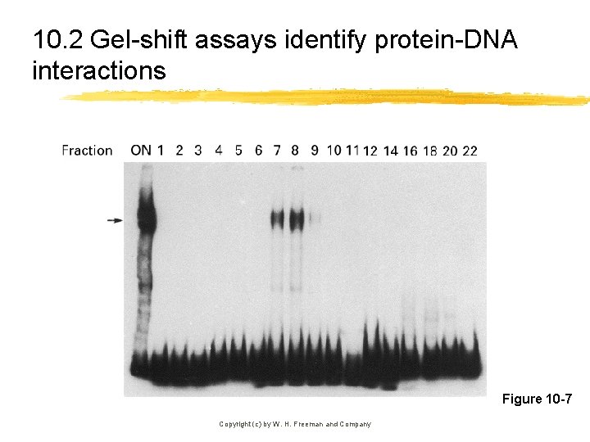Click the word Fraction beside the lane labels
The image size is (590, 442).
[x=87, y=151]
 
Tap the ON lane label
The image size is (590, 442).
[x=140, y=151]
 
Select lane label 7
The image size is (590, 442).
[x=277, y=151]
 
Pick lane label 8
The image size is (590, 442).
[x=296, y=151]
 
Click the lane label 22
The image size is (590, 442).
[x=470, y=151]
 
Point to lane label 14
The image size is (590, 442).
[x=390, y=151]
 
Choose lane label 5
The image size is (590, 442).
[x=238, y=151]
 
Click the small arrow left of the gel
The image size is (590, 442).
[x=115, y=220]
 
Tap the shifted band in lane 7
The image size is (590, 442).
[x=277, y=219]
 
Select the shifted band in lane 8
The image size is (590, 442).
[x=296, y=219]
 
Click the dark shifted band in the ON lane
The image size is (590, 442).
[x=145, y=217]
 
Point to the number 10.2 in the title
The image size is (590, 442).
[x=58, y=39]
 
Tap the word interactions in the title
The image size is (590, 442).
[x=98, y=71]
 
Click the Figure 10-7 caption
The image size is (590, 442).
[x=537, y=399]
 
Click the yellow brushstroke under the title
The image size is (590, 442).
[x=328, y=97]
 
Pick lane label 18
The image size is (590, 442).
[x=430, y=151]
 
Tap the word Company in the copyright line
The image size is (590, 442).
[x=355, y=424]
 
